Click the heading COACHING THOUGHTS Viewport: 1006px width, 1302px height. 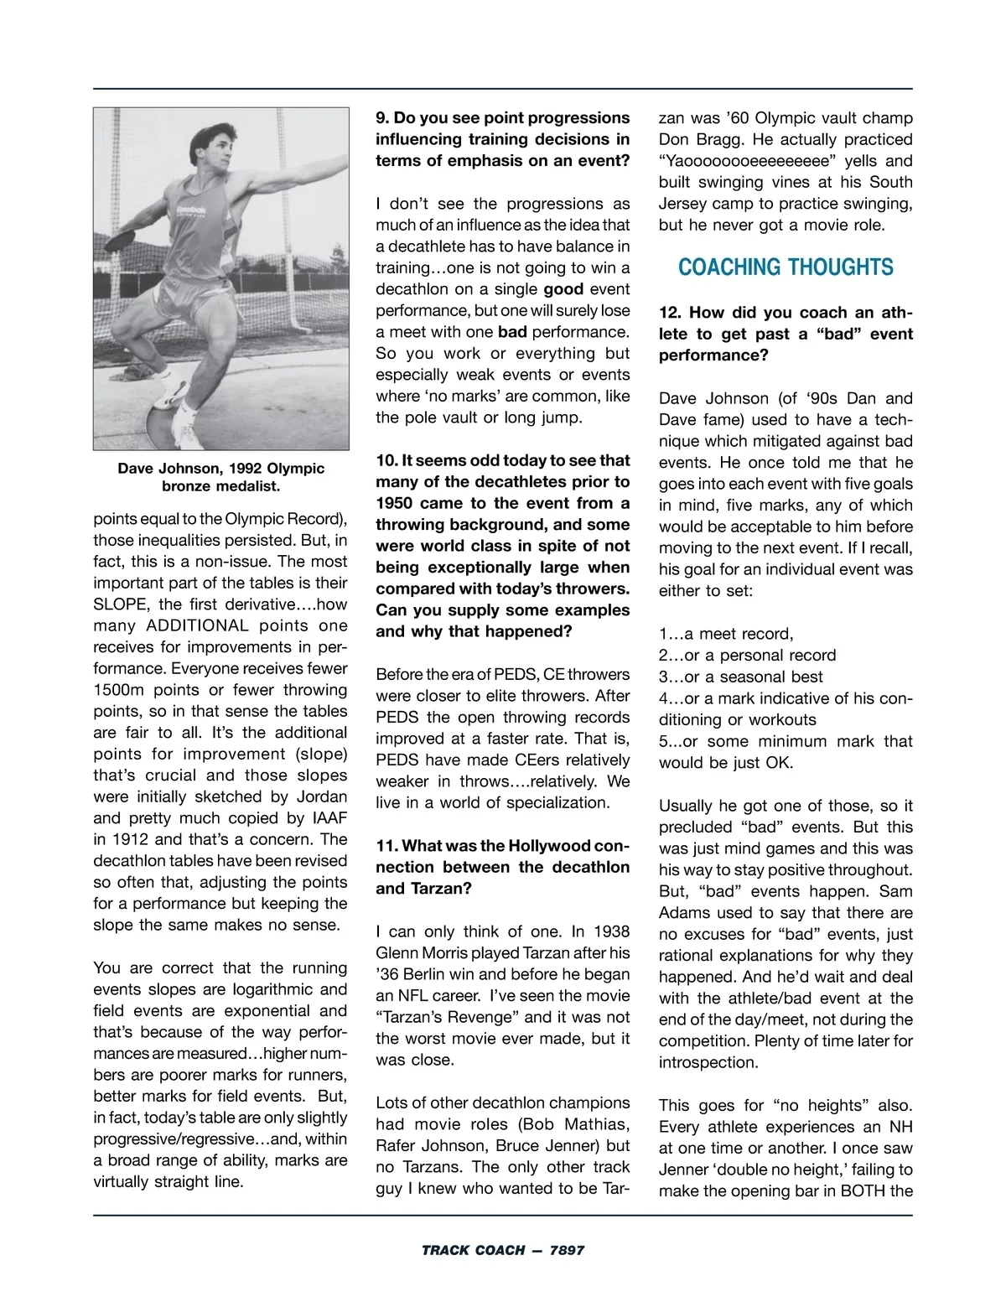click(x=786, y=267)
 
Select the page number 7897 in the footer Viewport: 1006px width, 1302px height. click(x=567, y=1250)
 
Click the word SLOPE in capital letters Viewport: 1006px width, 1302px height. click(x=122, y=604)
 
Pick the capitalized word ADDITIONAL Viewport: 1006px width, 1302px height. click(x=198, y=625)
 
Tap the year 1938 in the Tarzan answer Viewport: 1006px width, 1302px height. click(x=611, y=931)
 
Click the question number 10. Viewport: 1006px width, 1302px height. click(x=386, y=460)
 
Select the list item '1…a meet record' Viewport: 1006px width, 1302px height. click(x=726, y=634)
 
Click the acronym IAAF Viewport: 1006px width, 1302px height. click(x=325, y=818)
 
